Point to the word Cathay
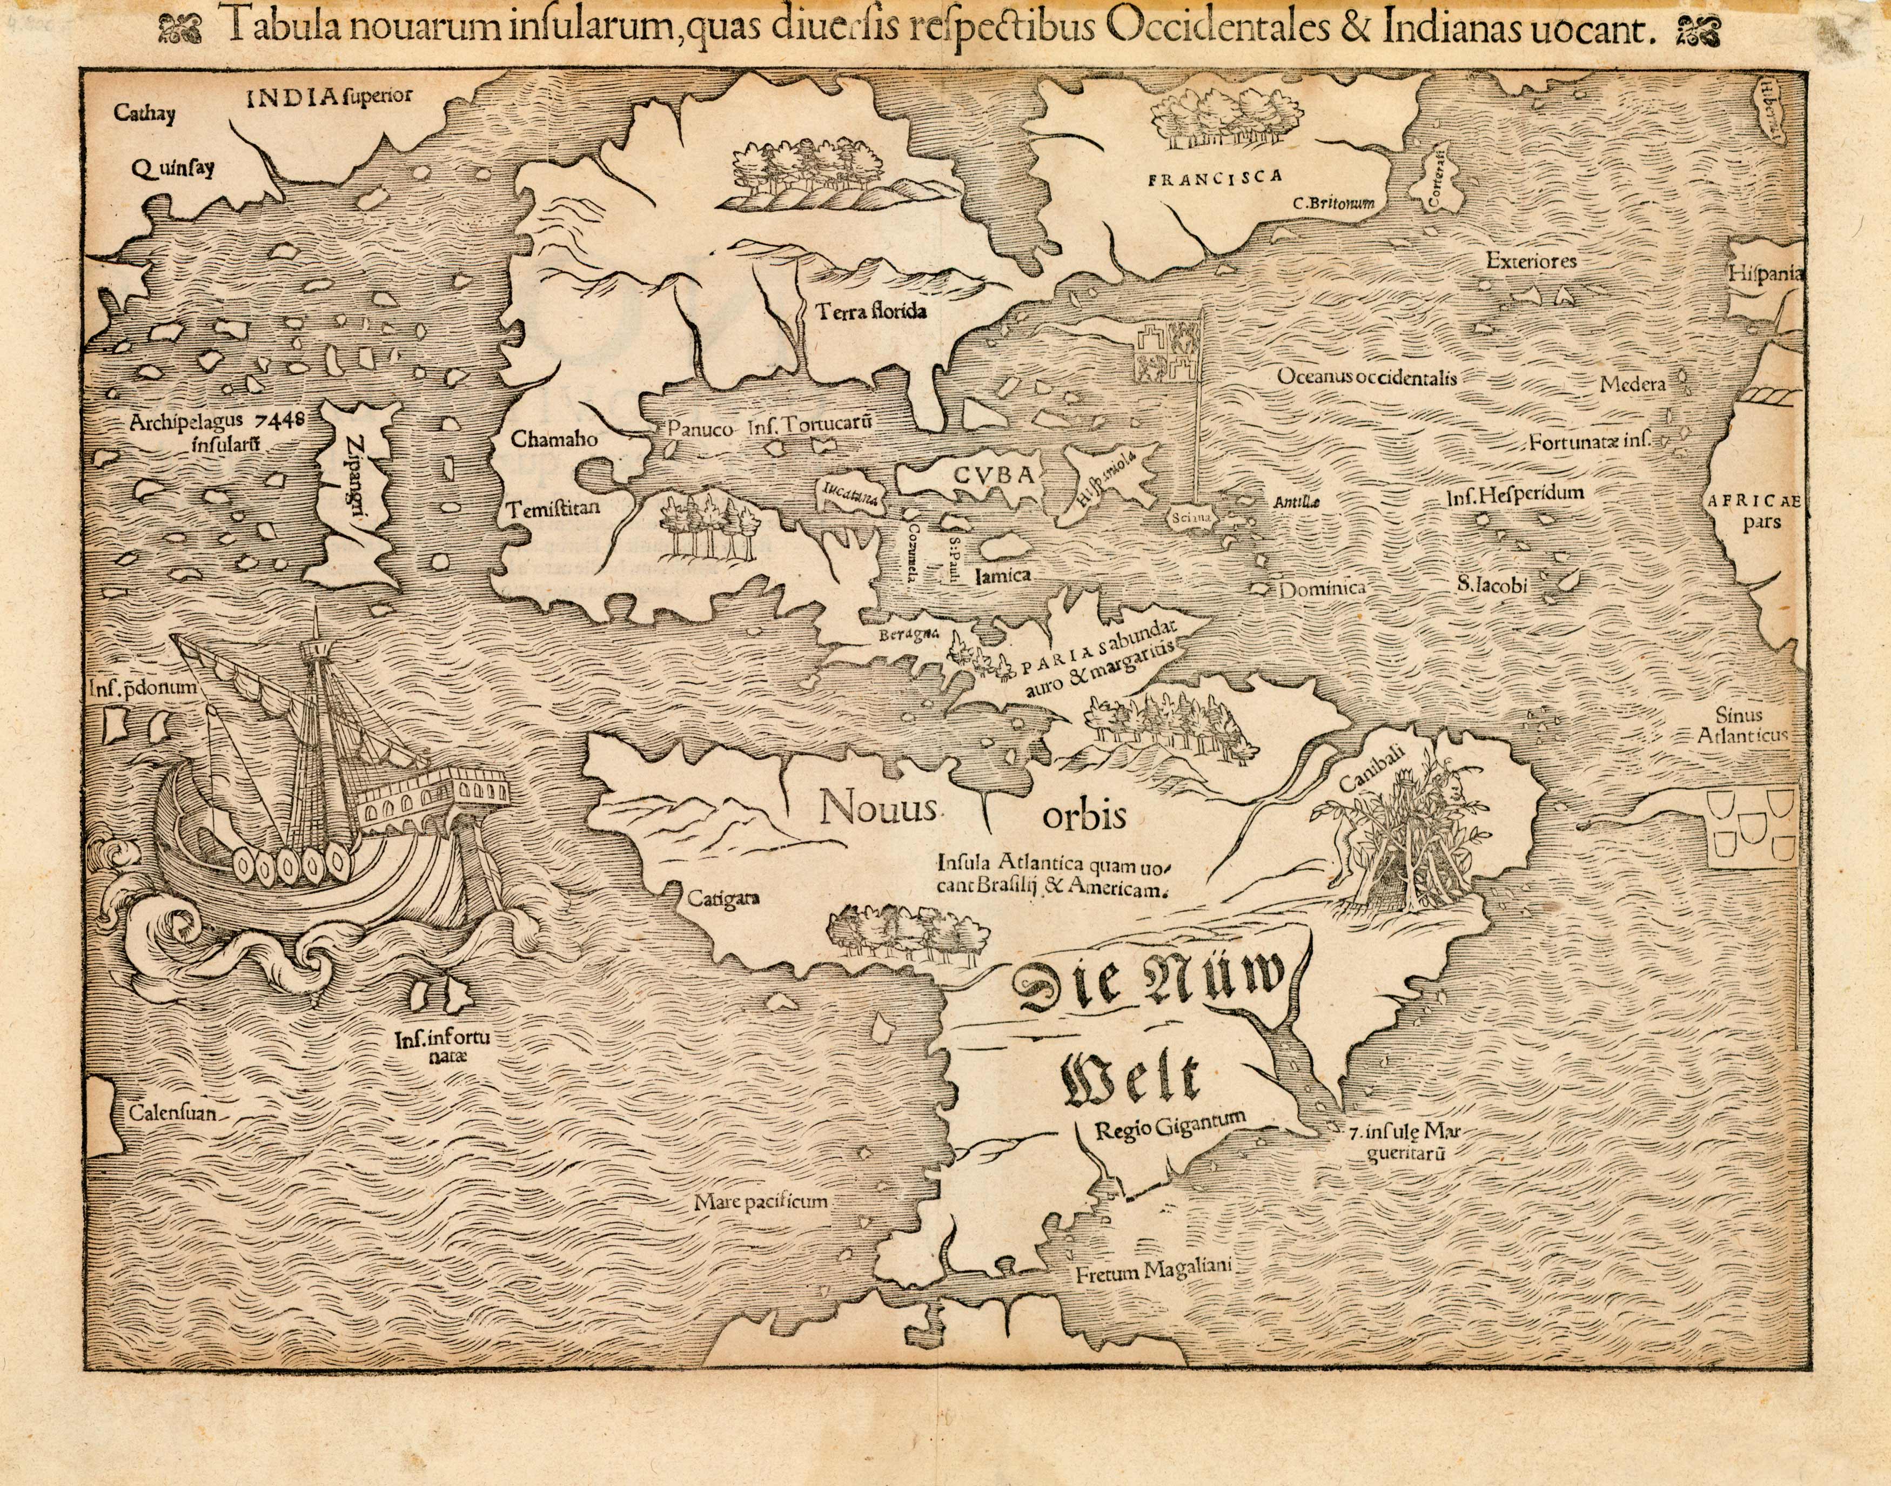[x=144, y=115]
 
